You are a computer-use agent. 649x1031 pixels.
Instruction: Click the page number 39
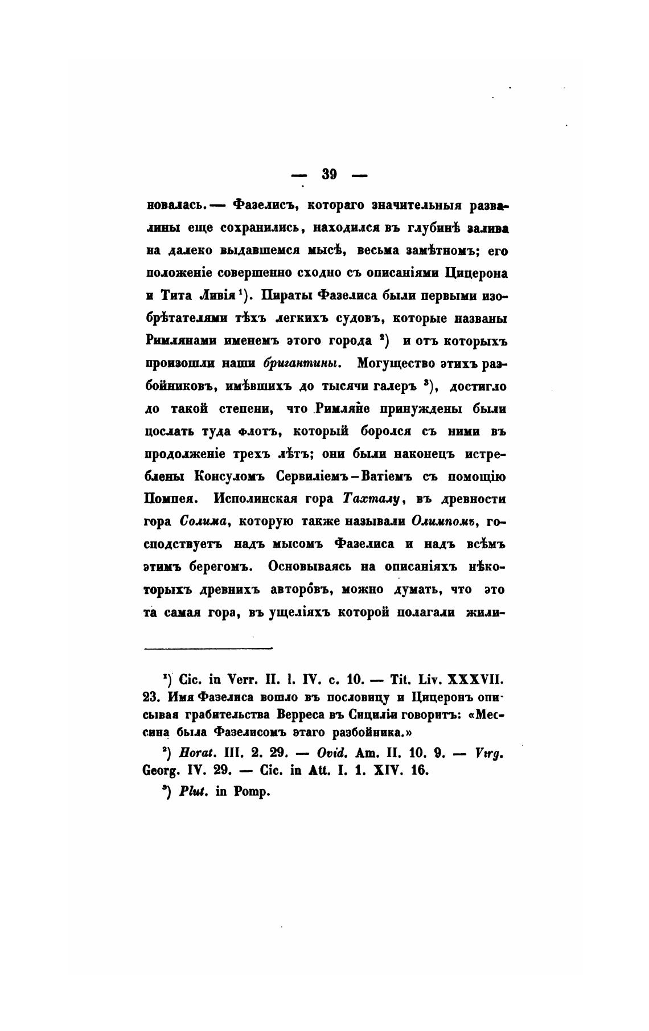pyautogui.click(x=330, y=175)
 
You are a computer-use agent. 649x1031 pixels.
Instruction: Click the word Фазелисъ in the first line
pyautogui.click(x=260, y=205)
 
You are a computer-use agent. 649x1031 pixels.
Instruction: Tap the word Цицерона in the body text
pyautogui.click(x=477, y=273)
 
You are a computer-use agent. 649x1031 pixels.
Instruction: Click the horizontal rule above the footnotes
pyautogui.click(x=209, y=647)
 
